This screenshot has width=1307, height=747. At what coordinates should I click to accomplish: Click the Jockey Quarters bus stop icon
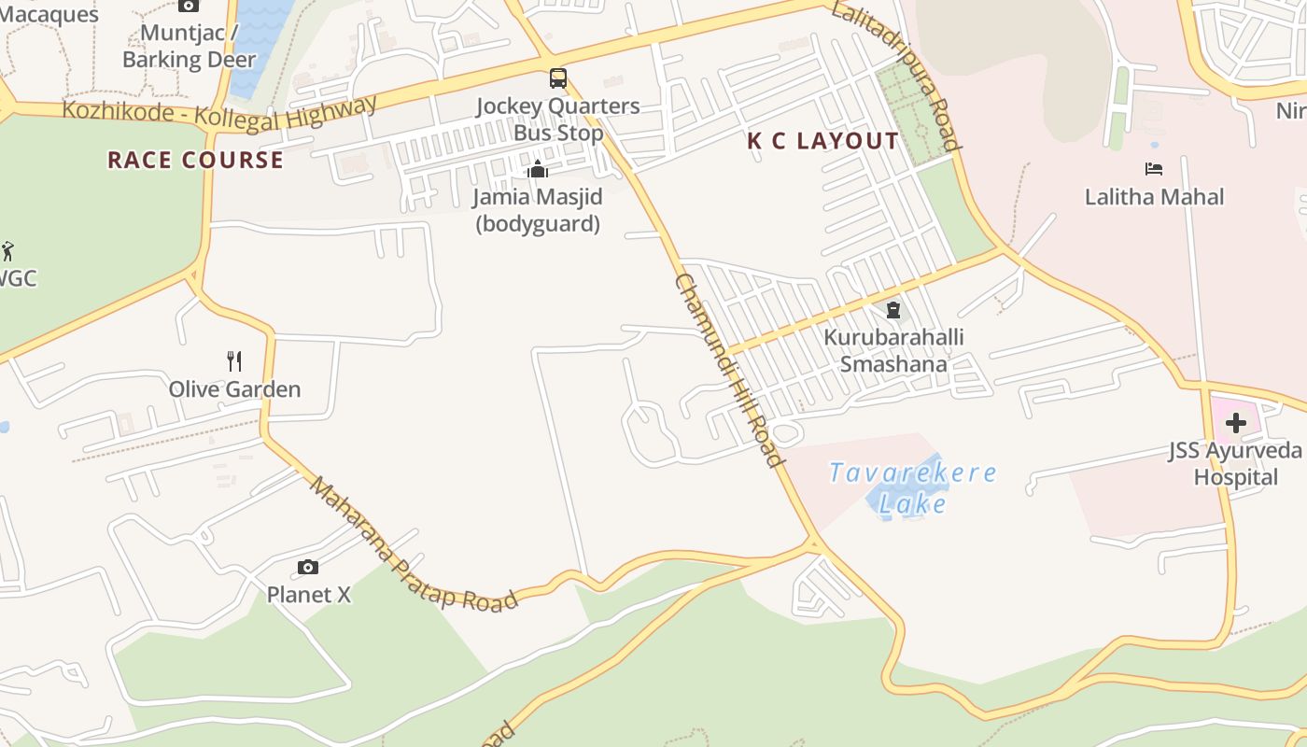point(558,78)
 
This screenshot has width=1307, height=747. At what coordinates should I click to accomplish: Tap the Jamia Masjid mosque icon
point(538,169)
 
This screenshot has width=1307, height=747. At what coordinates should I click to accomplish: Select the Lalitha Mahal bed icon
point(1154,169)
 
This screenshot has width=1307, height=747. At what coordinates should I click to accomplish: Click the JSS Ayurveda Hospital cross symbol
point(1236,423)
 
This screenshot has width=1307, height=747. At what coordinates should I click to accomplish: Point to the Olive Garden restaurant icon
point(235,361)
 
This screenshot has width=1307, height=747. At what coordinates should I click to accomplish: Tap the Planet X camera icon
point(308,567)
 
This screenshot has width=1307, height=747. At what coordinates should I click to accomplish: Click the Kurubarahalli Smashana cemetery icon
point(893,310)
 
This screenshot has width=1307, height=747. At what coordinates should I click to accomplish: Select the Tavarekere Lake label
point(912,487)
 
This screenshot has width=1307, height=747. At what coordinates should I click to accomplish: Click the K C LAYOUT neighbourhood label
point(822,141)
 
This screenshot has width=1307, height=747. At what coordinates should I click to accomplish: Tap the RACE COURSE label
point(195,160)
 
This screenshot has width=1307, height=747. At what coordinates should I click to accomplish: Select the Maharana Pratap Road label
point(413,545)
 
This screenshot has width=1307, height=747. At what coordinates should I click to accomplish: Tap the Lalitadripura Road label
point(895,76)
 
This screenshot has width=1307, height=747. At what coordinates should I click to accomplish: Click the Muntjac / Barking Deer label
point(189,47)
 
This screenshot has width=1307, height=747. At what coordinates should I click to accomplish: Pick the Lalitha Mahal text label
point(1154,197)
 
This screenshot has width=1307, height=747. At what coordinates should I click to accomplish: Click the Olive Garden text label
point(235,389)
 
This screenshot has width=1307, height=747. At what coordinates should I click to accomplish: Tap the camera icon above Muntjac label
point(189,6)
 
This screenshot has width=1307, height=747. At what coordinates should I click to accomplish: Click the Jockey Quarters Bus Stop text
point(558,120)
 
